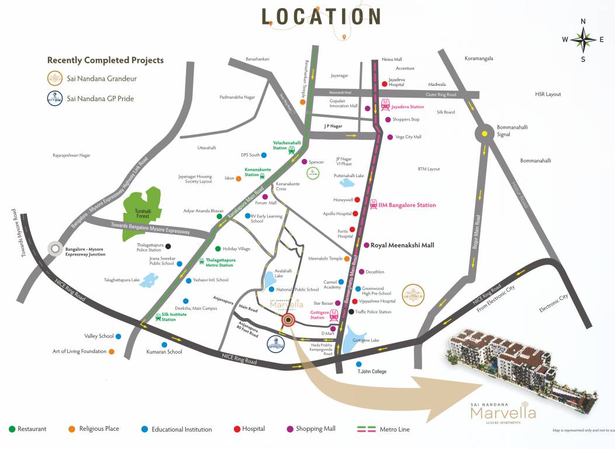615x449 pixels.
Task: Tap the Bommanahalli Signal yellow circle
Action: click(x=485, y=134)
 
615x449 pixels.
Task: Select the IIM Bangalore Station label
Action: click(x=407, y=205)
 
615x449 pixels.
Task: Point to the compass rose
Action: click(x=583, y=40)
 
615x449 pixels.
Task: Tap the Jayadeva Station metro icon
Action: click(x=386, y=105)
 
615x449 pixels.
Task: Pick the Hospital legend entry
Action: click(x=250, y=429)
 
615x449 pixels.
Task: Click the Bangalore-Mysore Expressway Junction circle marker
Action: click(x=56, y=248)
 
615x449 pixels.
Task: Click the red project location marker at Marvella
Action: click(x=288, y=320)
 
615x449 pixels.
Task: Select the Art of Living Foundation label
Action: click(x=80, y=351)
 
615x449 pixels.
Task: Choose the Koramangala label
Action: click(x=479, y=58)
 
